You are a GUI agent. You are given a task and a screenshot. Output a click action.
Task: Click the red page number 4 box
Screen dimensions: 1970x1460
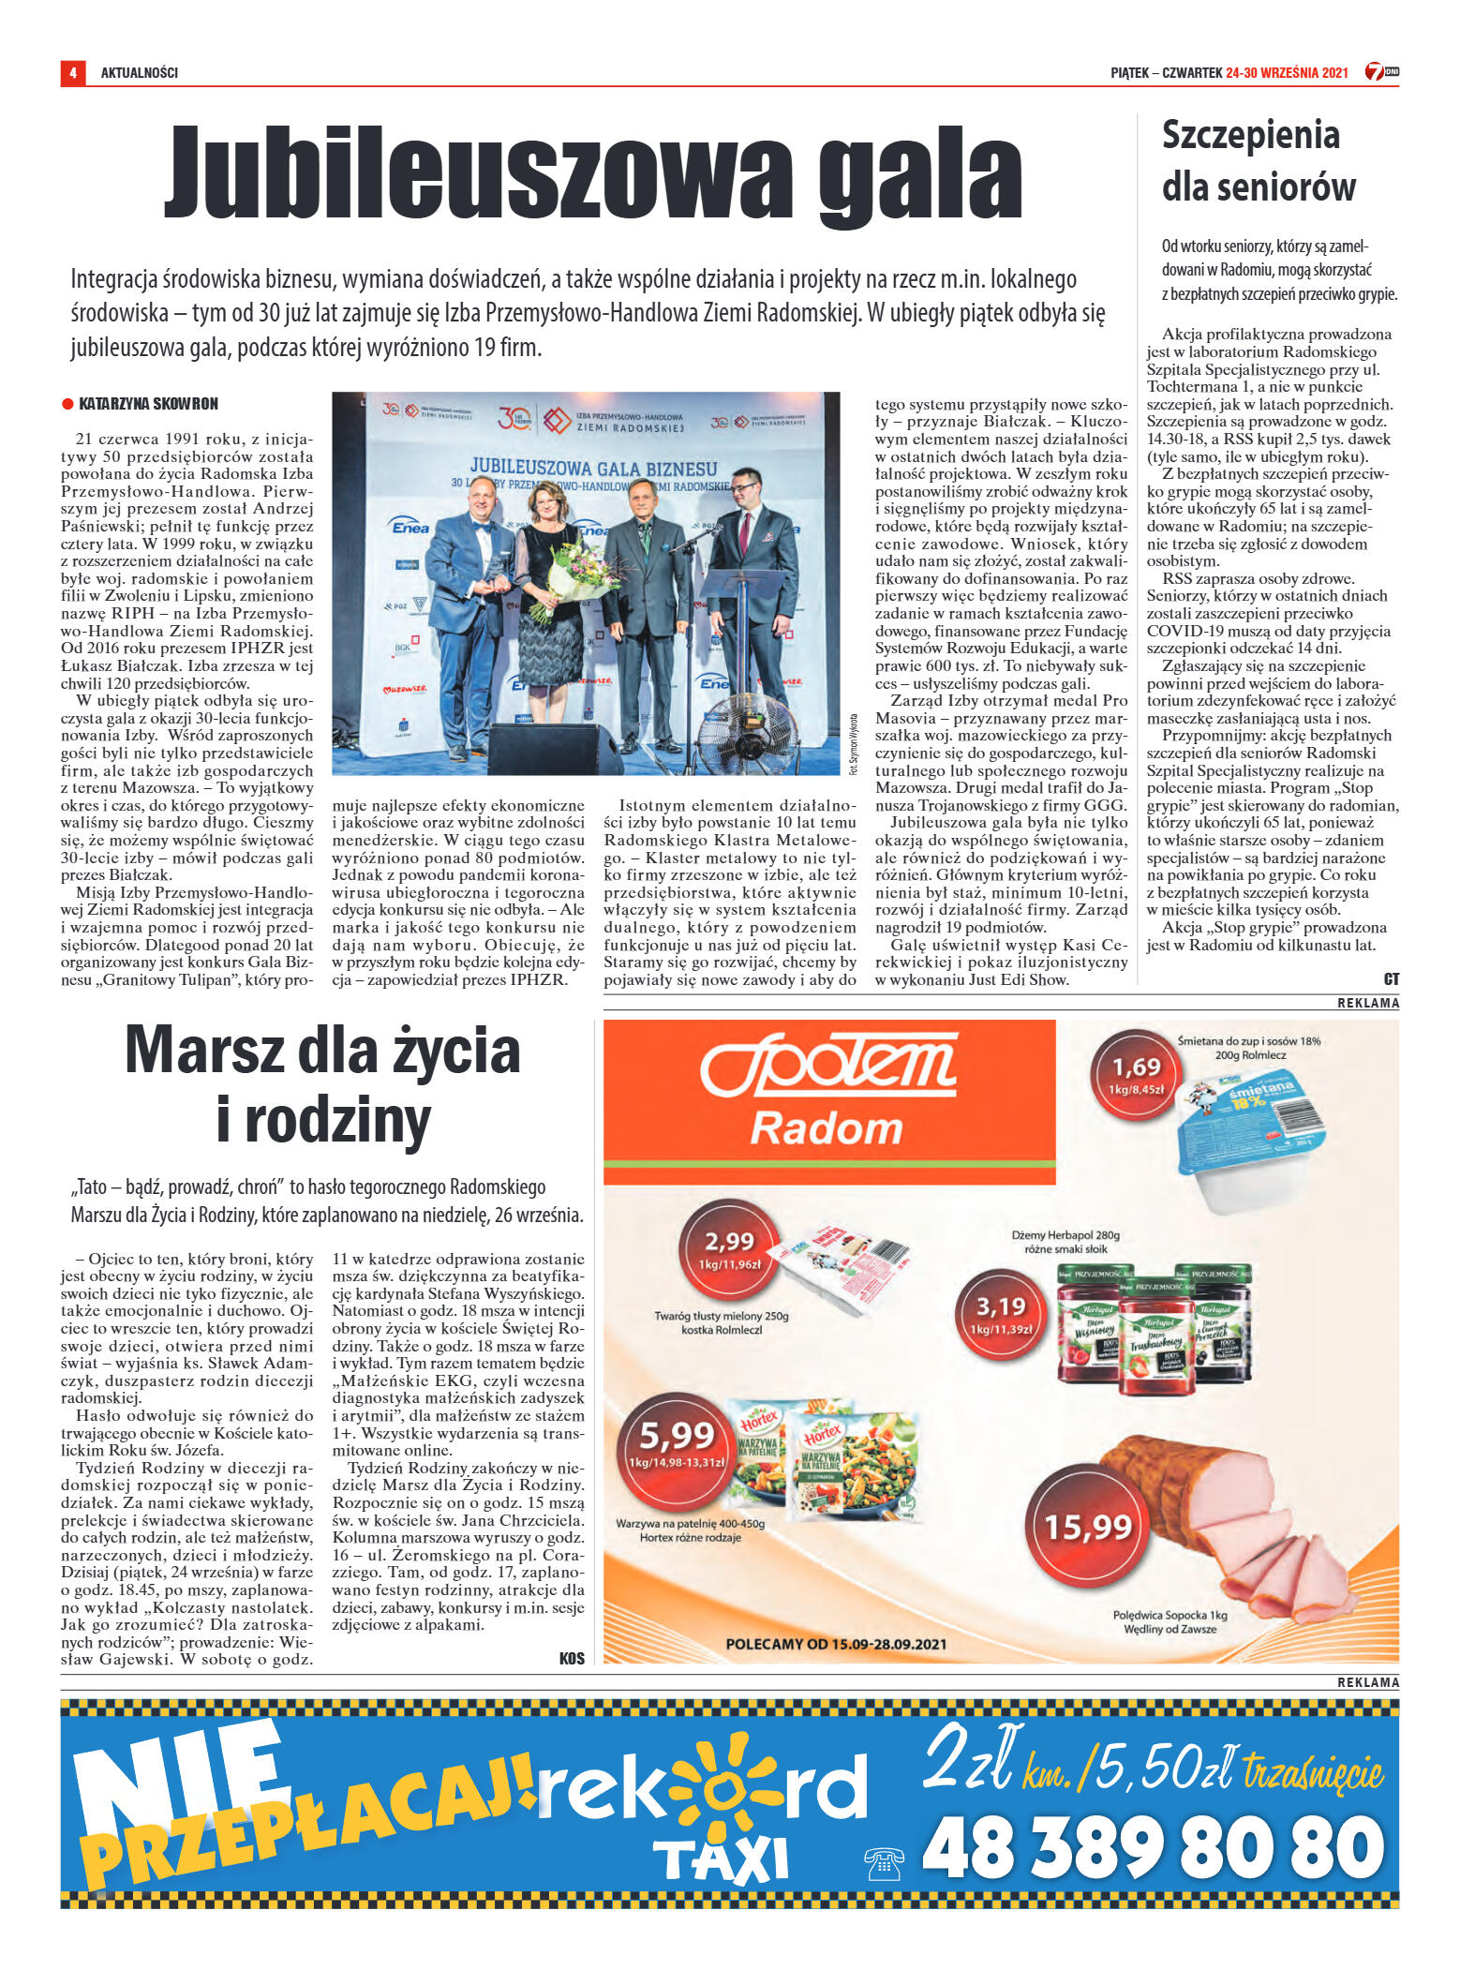point(72,72)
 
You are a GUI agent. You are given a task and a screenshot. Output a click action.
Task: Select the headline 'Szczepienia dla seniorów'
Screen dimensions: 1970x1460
point(1258,161)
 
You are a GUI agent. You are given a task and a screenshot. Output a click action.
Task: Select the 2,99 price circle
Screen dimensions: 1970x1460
point(728,1251)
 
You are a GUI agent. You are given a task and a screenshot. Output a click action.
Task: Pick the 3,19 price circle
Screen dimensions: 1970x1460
point(1001,1315)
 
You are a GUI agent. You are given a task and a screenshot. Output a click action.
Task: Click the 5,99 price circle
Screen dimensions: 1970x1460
point(677,1448)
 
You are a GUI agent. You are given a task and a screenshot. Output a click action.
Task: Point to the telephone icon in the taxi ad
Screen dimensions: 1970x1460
point(883,1862)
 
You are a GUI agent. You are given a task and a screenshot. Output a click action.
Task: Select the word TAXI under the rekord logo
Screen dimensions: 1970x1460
point(721,1858)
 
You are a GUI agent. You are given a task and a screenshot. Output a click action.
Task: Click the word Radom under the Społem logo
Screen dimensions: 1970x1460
point(826,1127)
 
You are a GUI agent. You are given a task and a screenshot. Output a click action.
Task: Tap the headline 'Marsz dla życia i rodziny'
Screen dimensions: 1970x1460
point(322,1084)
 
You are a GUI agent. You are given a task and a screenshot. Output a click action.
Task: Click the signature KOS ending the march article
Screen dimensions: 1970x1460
point(572,1659)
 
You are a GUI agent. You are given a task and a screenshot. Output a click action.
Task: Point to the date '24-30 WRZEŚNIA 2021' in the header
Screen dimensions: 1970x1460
point(1287,72)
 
